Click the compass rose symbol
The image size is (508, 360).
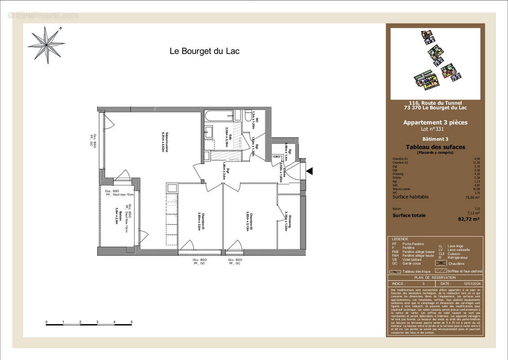46,45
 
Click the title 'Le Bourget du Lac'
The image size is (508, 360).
204,51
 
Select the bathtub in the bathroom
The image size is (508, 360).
219,116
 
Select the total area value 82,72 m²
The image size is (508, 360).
469,219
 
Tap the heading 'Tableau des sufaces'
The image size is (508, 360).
435,147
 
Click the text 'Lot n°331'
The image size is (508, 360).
435,129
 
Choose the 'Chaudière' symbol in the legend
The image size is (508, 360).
442,263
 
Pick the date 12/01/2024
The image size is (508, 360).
472,284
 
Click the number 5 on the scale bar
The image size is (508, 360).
131,322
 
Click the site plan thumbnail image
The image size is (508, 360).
435,63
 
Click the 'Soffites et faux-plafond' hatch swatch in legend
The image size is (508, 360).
441,271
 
